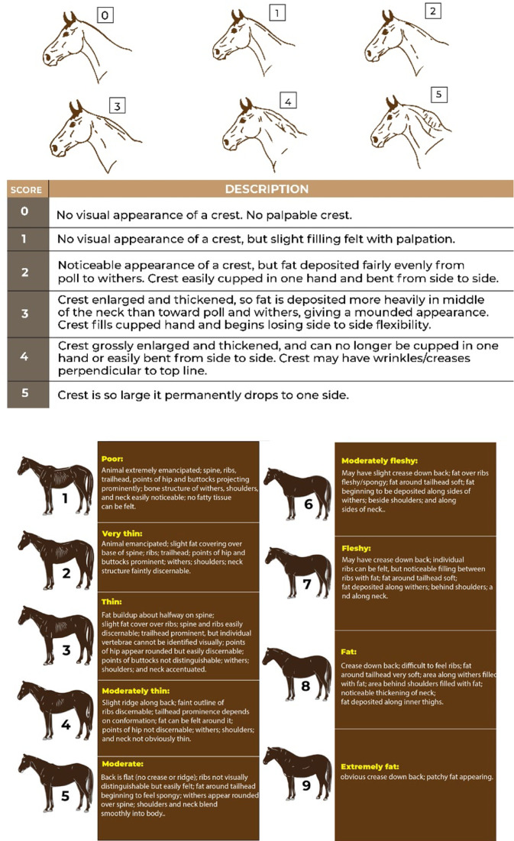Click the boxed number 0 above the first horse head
coord(105,15)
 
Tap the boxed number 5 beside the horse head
coord(438,95)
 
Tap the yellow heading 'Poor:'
coord(112,459)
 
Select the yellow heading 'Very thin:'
coord(121,533)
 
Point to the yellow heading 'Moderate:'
coord(121,761)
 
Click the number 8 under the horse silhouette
coord(305,685)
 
